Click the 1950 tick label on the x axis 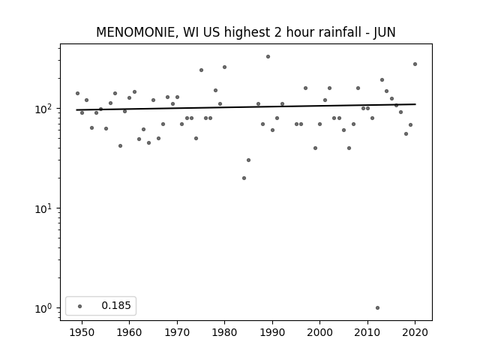coord(82,332)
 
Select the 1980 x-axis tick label coord(224,332)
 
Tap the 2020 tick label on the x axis coord(415,332)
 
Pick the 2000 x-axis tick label coord(320,332)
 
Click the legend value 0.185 coord(116,305)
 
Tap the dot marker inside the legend coord(80,306)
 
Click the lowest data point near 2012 coord(377,308)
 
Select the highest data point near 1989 coord(268,57)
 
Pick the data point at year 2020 coord(415,64)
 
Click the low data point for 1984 coord(244,178)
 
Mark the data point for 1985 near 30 coord(248,160)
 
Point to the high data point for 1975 coord(201,70)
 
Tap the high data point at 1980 coord(225,67)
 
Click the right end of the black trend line coord(415,104)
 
